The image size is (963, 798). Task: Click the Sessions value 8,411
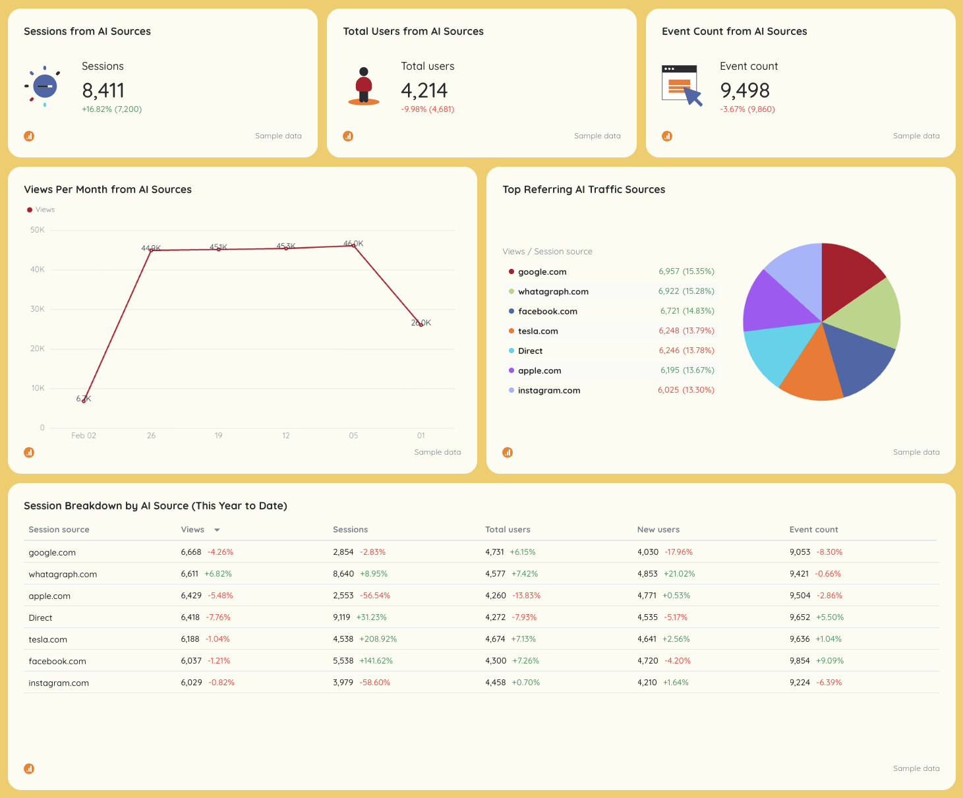coord(103,90)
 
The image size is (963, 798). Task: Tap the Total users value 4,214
coord(424,90)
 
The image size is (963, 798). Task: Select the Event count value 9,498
coord(744,90)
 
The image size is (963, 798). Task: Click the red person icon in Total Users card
coord(364,86)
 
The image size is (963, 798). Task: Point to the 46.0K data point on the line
coord(354,246)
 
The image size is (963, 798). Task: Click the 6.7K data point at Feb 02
coord(84,401)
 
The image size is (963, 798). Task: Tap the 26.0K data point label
coord(421,322)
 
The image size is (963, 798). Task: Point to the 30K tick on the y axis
coord(38,309)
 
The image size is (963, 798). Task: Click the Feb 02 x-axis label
coord(84,436)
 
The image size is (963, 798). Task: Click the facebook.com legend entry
coord(547,312)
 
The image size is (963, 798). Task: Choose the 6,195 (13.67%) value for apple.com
coord(687,370)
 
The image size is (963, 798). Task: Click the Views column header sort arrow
coord(217,530)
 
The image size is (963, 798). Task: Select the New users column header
coord(658,530)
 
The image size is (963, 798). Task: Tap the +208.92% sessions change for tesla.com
coord(378,639)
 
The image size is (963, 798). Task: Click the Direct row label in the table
coord(40,618)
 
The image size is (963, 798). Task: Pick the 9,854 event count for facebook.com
coord(800,661)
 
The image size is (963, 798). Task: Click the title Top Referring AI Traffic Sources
coord(583,190)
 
